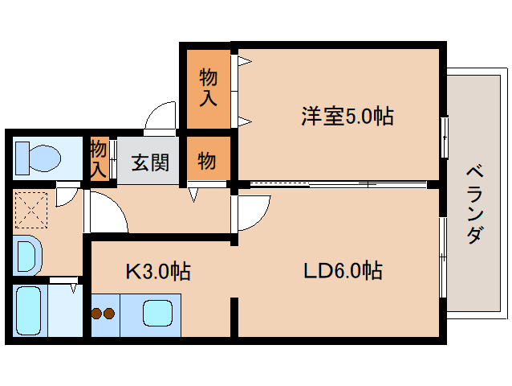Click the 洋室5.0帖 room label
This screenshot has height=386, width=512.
coord(347,117)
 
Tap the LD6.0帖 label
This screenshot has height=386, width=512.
coord(342,270)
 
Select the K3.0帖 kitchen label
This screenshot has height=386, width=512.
coord(157,272)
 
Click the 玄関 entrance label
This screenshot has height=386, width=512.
coord(150,162)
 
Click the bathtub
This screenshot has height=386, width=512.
coord(33,310)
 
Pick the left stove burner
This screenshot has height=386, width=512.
coord(98,314)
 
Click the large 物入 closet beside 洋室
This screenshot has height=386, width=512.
coord(208,88)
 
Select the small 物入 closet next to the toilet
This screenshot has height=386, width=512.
coord(99,158)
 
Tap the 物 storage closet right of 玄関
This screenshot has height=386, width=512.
coord(207,161)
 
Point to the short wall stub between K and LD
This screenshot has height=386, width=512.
coord(235,317)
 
